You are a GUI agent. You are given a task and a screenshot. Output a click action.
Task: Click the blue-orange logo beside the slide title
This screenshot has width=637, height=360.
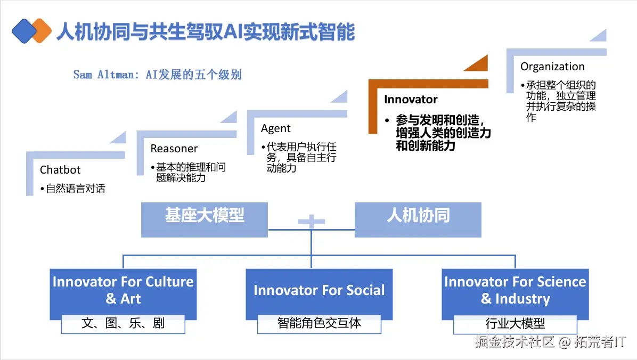tap(31, 31)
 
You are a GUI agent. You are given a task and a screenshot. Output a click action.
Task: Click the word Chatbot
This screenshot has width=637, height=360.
tap(60, 170)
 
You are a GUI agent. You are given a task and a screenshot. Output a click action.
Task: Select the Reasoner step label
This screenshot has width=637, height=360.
tap(174, 149)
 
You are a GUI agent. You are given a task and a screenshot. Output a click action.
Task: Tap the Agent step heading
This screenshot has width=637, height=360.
tap(275, 128)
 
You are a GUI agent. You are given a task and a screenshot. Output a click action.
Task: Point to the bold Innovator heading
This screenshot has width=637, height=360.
tap(411, 100)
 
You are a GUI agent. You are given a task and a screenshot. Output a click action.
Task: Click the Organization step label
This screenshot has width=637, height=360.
tap(552, 67)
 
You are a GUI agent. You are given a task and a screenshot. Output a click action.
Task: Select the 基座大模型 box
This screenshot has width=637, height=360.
tap(205, 216)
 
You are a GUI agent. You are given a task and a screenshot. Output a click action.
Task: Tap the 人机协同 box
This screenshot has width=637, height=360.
tap(418, 216)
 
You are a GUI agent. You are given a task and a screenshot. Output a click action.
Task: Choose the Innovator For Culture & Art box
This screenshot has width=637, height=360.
tap(123, 290)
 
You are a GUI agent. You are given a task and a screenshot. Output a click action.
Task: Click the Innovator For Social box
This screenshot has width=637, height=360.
tap(319, 291)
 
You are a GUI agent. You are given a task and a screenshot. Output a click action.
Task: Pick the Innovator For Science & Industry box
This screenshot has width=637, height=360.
tap(515, 290)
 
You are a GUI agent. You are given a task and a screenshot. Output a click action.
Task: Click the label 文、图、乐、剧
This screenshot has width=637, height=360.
tap(123, 323)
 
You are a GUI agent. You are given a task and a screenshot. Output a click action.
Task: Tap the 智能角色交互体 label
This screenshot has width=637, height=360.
tap(319, 323)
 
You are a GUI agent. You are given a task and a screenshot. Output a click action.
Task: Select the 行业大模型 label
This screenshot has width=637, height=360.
tap(515, 323)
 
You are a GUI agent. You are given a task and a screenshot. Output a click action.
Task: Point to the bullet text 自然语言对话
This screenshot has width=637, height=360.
tap(75, 189)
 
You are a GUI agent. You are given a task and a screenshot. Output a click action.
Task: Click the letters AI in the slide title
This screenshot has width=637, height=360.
tap(232, 32)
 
